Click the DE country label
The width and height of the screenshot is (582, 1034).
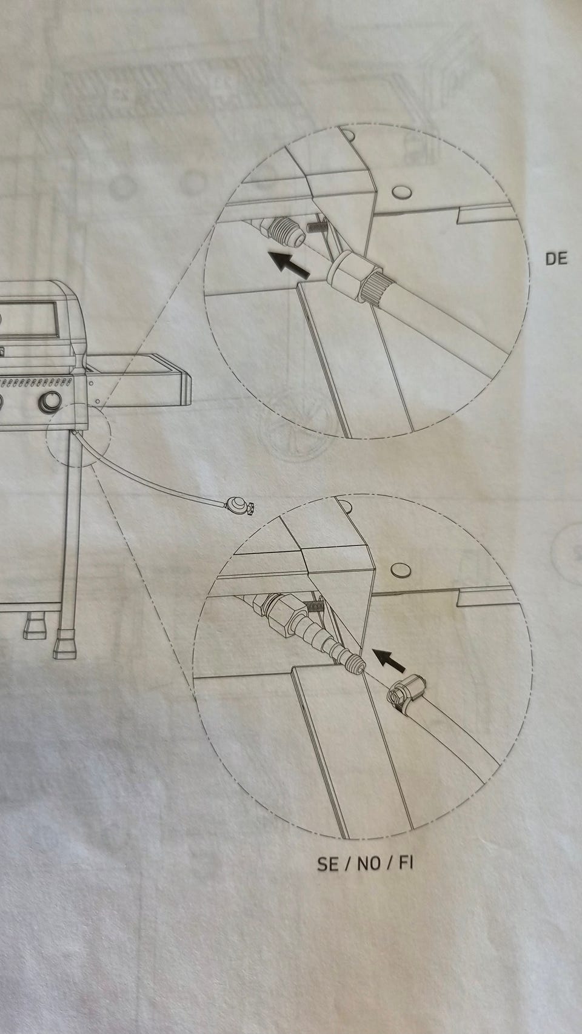(556, 258)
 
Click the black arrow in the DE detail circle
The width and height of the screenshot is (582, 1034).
(289, 264)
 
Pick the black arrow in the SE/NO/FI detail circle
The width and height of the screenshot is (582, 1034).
(389, 660)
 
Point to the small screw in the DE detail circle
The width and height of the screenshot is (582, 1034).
(318, 224)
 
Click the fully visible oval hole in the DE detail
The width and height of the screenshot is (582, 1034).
(401, 192)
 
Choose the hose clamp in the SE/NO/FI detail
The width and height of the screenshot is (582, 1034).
(406, 691)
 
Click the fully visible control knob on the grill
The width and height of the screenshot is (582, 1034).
(49, 401)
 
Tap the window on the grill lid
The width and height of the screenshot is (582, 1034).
(28, 318)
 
